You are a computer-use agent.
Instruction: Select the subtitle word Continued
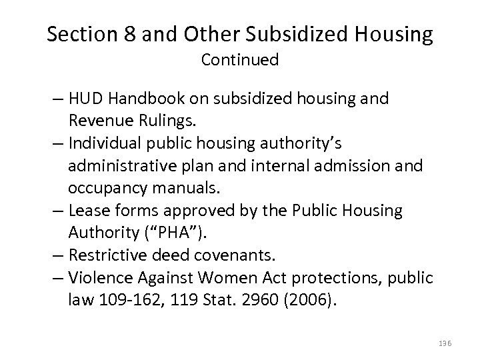pos(240,61)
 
